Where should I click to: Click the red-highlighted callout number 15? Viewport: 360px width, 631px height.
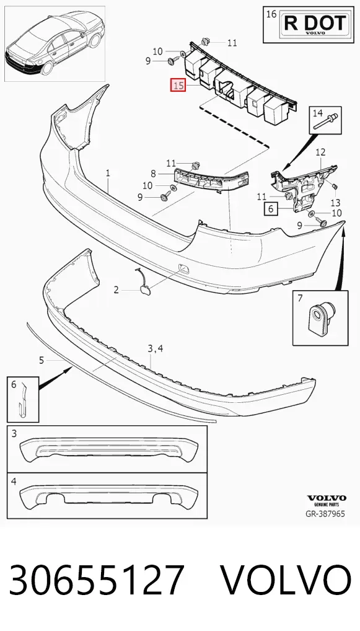pyautogui.click(x=178, y=86)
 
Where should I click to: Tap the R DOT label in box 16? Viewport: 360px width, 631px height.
pyautogui.click(x=315, y=24)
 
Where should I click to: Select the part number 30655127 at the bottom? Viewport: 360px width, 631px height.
pyautogui.click(x=97, y=580)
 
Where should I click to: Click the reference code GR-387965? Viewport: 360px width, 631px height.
pyautogui.click(x=325, y=514)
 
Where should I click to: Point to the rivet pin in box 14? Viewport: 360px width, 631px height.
pyautogui.click(x=325, y=121)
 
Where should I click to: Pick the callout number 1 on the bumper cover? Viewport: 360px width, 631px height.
pyautogui.click(x=108, y=173)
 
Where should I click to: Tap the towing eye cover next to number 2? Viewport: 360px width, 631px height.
pyautogui.click(x=144, y=285)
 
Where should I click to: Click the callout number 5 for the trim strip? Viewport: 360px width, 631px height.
pyautogui.click(x=42, y=360)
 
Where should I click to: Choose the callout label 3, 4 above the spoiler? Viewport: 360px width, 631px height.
pyautogui.click(x=155, y=349)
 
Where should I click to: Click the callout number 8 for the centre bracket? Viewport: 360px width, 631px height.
pyautogui.click(x=153, y=174)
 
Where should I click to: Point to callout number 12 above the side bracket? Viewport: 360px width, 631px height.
pyautogui.click(x=320, y=152)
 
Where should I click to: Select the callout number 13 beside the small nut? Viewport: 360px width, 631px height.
pyautogui.click(x=335, y=203)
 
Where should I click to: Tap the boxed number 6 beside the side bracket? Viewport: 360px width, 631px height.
pyautogui.click(x=271, y=208)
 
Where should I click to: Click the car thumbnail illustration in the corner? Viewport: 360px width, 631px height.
pyautogui.click(x=55, y=43)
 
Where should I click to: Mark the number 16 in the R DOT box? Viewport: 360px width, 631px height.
pyautogui.click(x=271, y=14)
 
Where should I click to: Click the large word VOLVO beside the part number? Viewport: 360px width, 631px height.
pyautogui.click(x=286, y=580)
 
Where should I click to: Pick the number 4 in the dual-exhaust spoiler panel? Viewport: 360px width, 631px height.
pyautogui.click(x=14, y=481)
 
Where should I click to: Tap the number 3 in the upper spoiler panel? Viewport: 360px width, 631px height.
pyautogui.click(x=14, y=434)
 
